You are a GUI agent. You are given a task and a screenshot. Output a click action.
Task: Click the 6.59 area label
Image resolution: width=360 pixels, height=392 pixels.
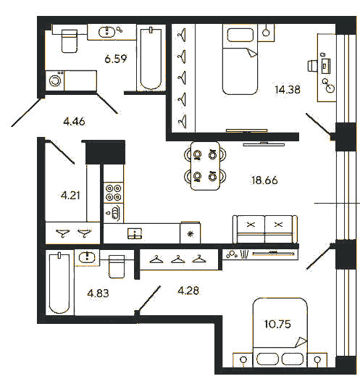point(116,59)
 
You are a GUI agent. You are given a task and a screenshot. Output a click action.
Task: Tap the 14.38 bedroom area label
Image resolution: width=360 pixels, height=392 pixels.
point(288,90)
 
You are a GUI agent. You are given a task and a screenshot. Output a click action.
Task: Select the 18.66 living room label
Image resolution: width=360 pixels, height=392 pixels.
point(264,180)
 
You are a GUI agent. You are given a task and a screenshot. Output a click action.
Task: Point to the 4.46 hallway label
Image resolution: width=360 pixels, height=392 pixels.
point(74,122)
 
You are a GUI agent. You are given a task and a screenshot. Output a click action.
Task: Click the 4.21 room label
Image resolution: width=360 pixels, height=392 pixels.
point(70,195)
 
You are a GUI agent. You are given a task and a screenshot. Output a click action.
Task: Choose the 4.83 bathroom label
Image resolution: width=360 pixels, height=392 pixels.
point(98,293)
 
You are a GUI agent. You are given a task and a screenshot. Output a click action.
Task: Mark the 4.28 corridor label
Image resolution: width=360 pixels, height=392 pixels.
point(188,291)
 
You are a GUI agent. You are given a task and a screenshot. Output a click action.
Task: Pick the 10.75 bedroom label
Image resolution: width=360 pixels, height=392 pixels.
point(277,324)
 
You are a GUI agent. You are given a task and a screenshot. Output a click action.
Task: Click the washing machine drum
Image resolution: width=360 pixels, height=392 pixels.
point(55,80)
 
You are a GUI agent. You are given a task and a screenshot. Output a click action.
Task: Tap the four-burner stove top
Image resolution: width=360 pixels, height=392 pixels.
point(114,193)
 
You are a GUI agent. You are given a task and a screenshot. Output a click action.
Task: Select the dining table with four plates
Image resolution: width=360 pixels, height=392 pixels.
point(205,166)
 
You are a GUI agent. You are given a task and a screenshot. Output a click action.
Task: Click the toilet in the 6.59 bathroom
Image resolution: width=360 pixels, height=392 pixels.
point(69,41)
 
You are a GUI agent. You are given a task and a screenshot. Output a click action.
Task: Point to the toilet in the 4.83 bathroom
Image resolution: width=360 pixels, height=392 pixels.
point(117,267)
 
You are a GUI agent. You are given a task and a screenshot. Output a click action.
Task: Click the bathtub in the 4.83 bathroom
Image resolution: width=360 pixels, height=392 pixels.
point(59,283)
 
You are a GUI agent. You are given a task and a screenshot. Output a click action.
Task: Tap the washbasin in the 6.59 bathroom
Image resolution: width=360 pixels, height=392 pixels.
point(106,32)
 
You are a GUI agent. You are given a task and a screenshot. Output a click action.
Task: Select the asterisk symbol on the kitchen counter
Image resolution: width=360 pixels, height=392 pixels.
point(191,234)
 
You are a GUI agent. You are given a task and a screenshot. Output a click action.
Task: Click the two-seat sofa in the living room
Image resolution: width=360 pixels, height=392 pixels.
point(265,229)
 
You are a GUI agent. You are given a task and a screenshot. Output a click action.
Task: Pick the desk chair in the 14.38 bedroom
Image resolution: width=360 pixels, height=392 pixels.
point(312,66)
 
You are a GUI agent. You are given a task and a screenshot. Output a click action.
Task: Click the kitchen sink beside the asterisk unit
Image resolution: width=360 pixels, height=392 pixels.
point(135,233)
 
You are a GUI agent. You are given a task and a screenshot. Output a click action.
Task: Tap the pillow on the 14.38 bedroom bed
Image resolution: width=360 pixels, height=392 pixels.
point(240,35)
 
